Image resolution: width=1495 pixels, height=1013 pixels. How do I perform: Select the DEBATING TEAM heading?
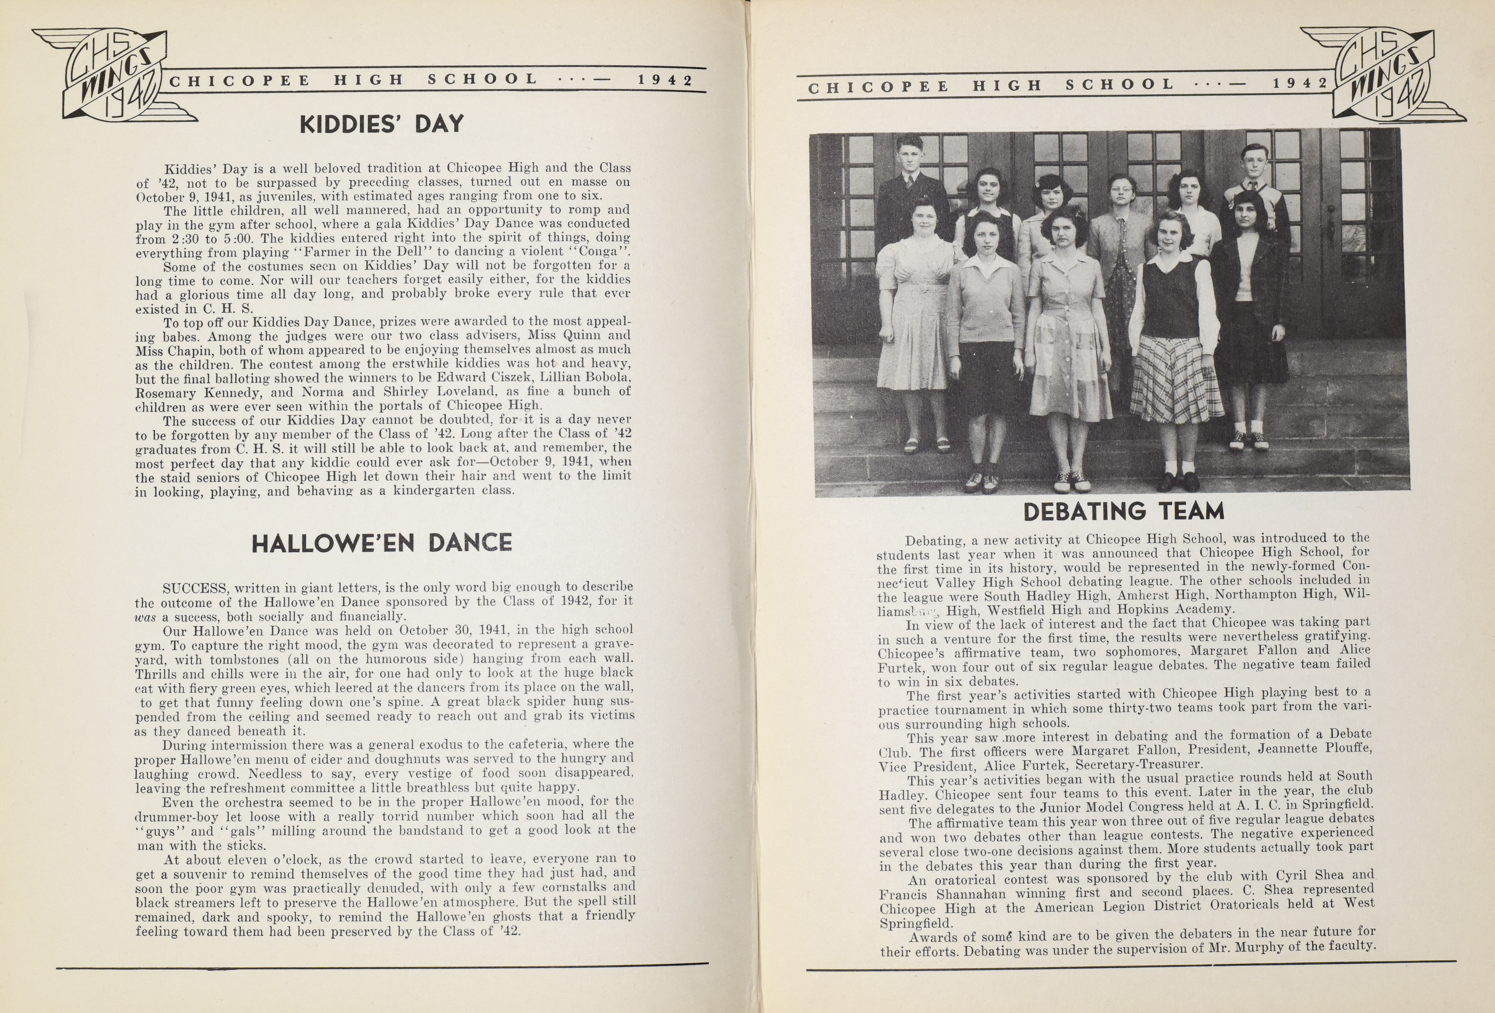click(x=1123, y=512)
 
